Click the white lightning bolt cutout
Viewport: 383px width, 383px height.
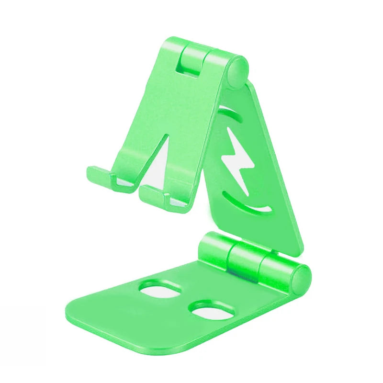tap(238, 160)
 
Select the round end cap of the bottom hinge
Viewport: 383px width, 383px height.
tap(301, 280)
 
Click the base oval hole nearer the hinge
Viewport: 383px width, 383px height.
tap(161, 290)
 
